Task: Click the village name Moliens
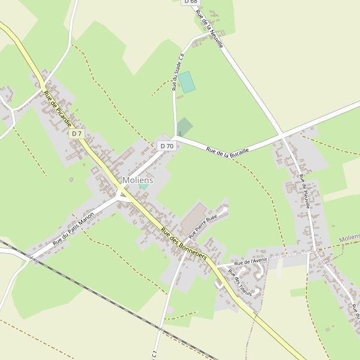[138, 180]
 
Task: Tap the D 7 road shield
[77, 134]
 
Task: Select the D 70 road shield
[166, 146]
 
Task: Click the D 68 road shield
[190, 2]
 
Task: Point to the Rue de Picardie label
[58, 109]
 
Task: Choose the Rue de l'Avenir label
[251, 262]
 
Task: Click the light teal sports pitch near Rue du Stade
[187, 82]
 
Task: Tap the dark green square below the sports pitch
[184, 127]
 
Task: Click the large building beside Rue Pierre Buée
[193, 218]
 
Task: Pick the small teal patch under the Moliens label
[143, 186]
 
